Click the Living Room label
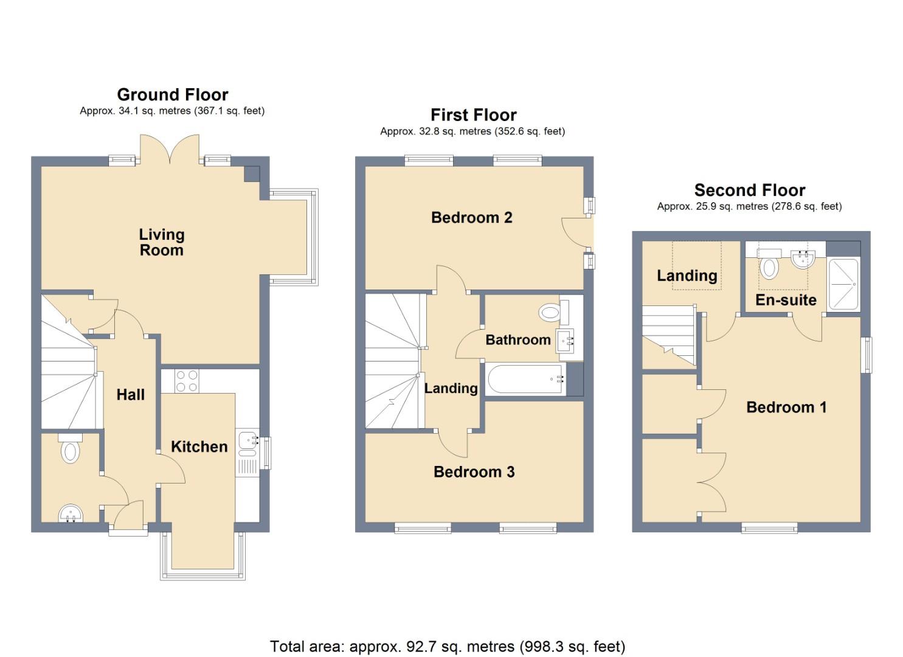click(161, 242)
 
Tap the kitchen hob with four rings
click(187, 381)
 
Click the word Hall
click(131, 395)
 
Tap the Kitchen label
click(199, 447)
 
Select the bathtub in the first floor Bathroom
click(525, 379)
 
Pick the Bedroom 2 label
click(471, 217)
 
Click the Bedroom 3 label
click(474, 471)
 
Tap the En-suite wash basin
click(803, 260)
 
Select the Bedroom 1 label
click(786, 407)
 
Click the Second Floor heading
click(749, 190)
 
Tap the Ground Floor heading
click(173, 95)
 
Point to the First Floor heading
click(473, 115)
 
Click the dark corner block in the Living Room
click(251, 173)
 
